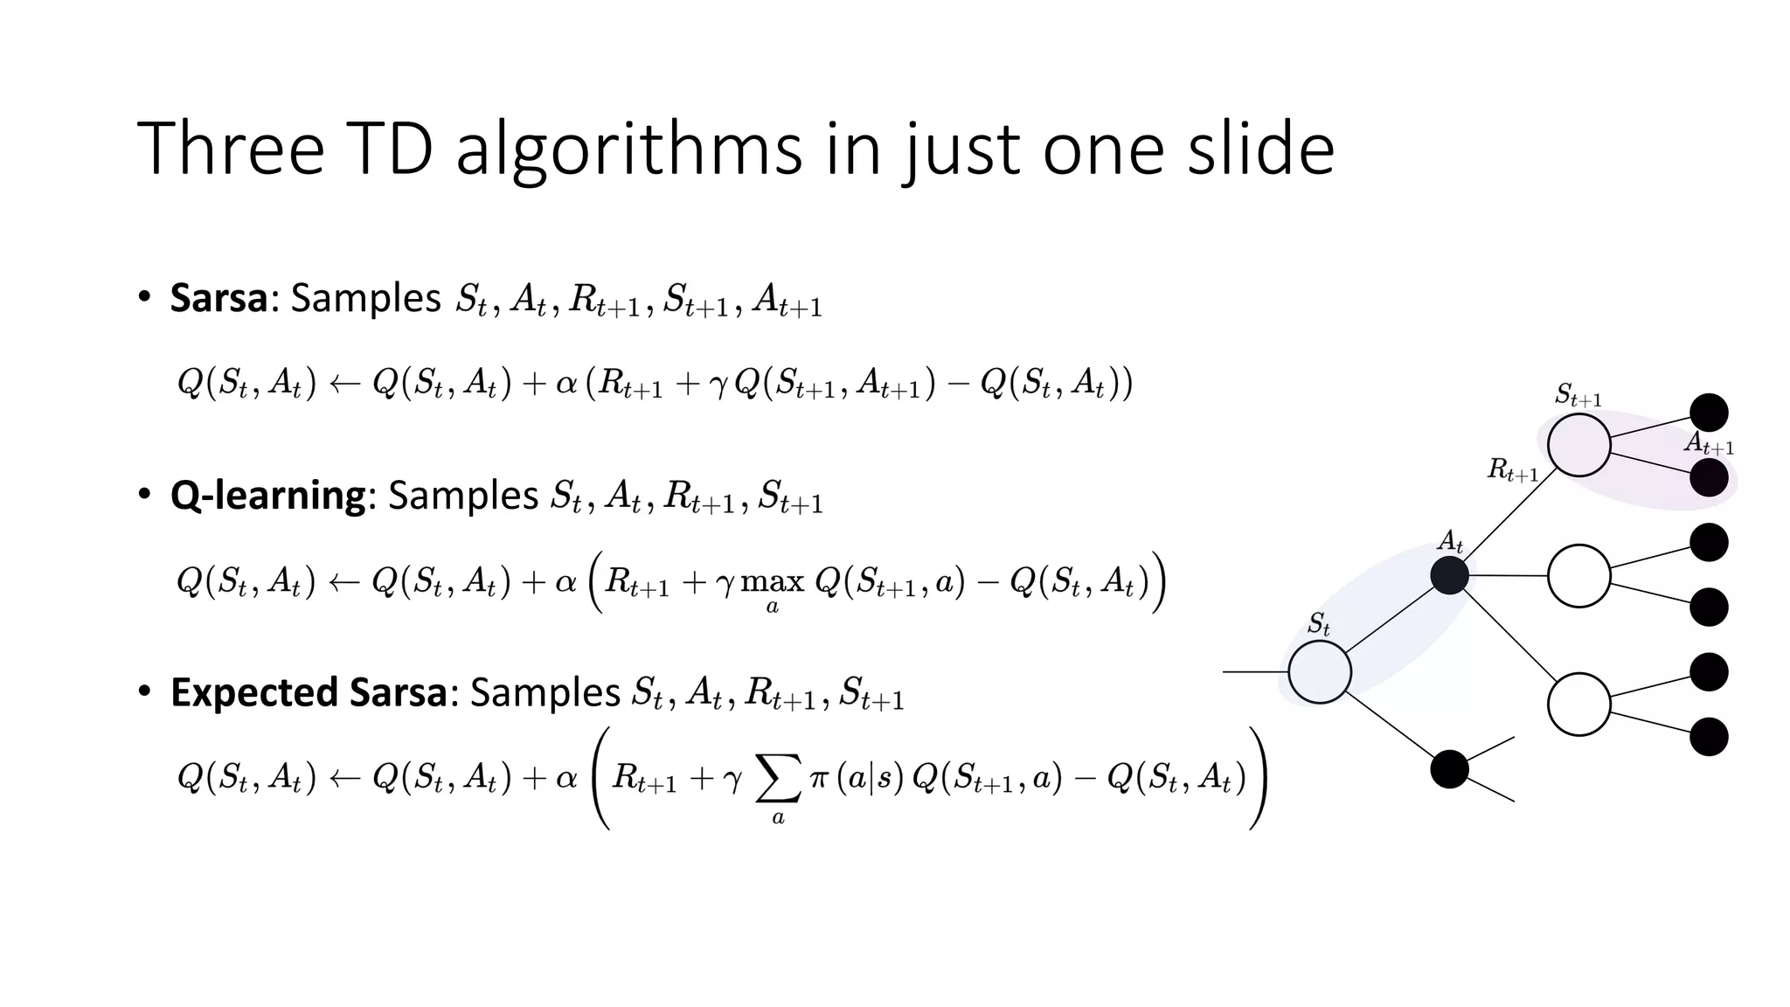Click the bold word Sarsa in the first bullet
point(219,298)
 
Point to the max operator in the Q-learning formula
point(773,582)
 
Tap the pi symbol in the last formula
point(819,777)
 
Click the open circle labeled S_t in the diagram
point(1320,672)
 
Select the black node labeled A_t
point(1449,575)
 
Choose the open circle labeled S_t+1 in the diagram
point(1578,445)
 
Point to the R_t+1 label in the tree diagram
point(1512,470)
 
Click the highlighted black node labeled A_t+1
point(1709,477)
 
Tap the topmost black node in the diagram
point(1709,413)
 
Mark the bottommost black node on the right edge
point(1709,736)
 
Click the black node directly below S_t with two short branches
point(1449,769)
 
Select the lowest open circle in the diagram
point(1578,704)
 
